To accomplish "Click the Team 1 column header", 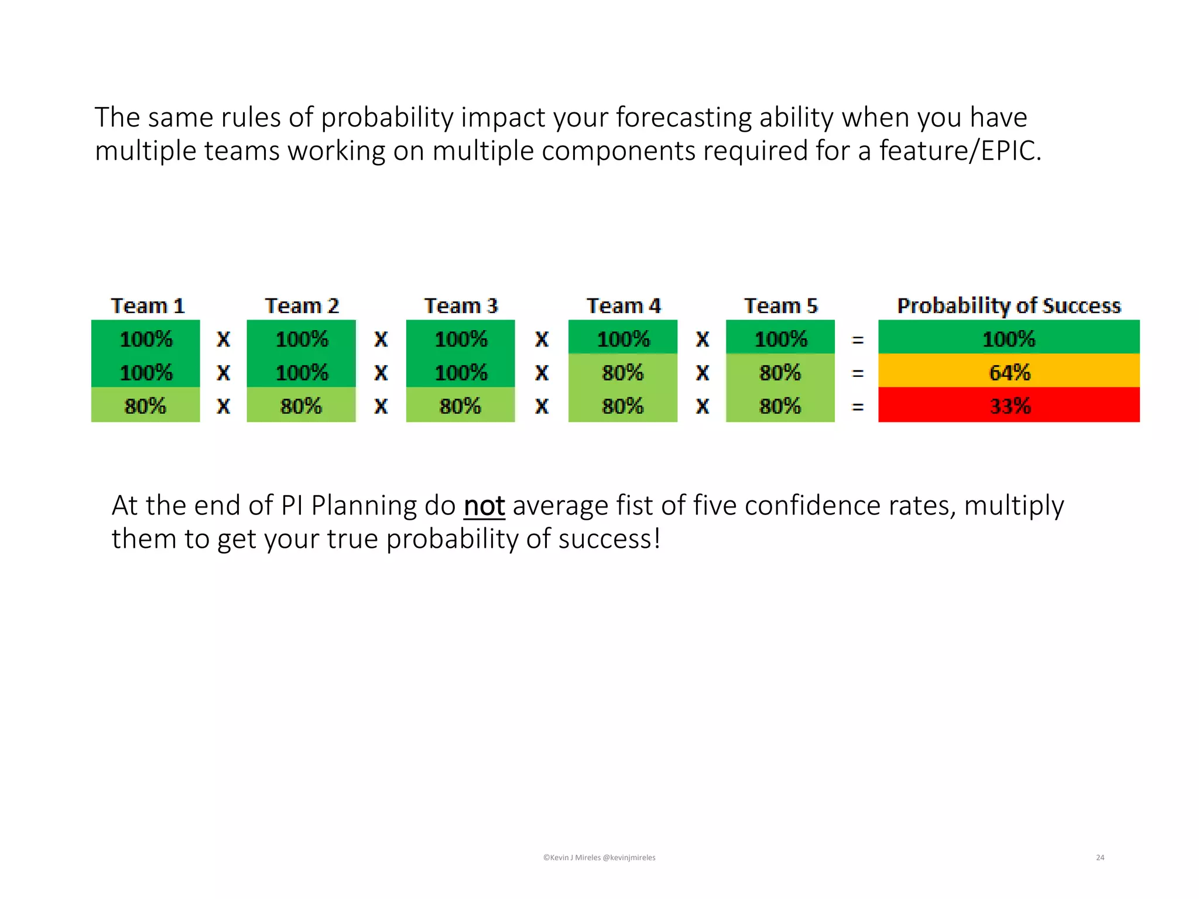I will click(x=148, y=306).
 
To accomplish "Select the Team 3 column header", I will click(x=461, y=306).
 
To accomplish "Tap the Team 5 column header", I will click(x=780, y=306).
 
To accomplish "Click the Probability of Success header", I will click(x=1009, y=306).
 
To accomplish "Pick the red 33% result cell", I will click(x=1009, y=406).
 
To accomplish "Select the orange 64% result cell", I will click(x=1009, y=372).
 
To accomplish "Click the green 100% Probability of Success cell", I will click(x=1009, y=339).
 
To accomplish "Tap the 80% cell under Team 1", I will click(x=145, y=406).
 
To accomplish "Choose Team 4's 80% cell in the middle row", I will click(x=622, y=372).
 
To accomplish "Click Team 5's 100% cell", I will click(x=780, y=339).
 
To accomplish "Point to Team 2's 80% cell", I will click(x=301, y=406).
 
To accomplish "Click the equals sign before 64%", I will click(x=858, y=373).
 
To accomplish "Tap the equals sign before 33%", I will click(x=858, y=406).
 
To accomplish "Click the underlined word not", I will click(x=484, y=506).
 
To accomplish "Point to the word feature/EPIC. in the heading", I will click(x=960, y=151).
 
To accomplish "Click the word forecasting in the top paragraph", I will click(x=683, y=118).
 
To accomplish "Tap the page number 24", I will click(x=1099, y=857).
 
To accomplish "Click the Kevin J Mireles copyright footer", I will click(x=599, y=857).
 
